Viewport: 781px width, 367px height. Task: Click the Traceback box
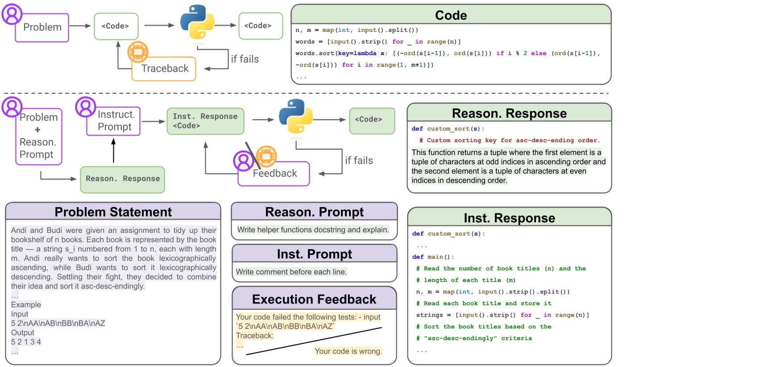(x=164, y=69)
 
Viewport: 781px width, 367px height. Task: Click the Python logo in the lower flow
(x=295, y=116)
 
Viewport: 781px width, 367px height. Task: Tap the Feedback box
(x=274, y=173)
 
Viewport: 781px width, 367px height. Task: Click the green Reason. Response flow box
(x=122, y=179)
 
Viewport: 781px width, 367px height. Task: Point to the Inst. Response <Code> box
(x=205, y=121)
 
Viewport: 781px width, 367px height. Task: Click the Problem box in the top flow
(x=42, y=28)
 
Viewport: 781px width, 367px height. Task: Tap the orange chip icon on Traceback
(x=138, y=52)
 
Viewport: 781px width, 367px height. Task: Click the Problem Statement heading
(x=113, y=212)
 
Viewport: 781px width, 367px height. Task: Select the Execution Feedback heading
(x=314, y=299)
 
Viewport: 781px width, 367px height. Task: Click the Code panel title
(x=451, y=15)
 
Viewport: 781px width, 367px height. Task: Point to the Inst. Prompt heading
(x=314, y=254)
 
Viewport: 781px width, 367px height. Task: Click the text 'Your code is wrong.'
(x=348, y=351)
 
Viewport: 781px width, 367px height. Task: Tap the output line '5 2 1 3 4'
(x=26, y=342)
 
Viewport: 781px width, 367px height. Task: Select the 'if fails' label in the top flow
(x=245, y=59)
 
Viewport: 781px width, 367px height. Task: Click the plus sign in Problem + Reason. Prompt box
(x=37, y=130)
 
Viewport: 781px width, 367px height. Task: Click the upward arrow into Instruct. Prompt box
(x=113, y=150)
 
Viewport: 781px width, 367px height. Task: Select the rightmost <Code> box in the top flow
(x=261, y=26)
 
